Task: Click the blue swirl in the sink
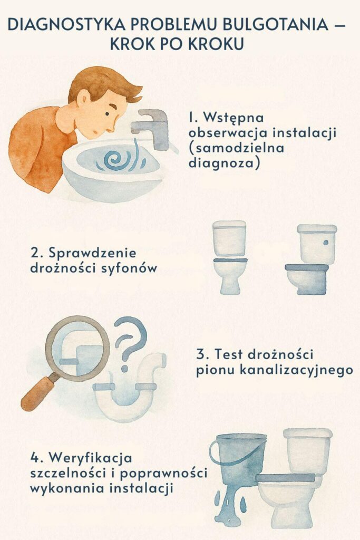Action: pyautogui.click(x=117, y=159)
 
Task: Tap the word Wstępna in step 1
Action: pyautogui.click(x=233, y=117)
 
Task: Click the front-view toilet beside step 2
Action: pyautogui.click(x=229, y=257)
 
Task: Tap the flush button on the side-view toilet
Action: pyautogui.click(x=326, y=243)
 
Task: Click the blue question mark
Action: pyautogui.click(x=129, y=340)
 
